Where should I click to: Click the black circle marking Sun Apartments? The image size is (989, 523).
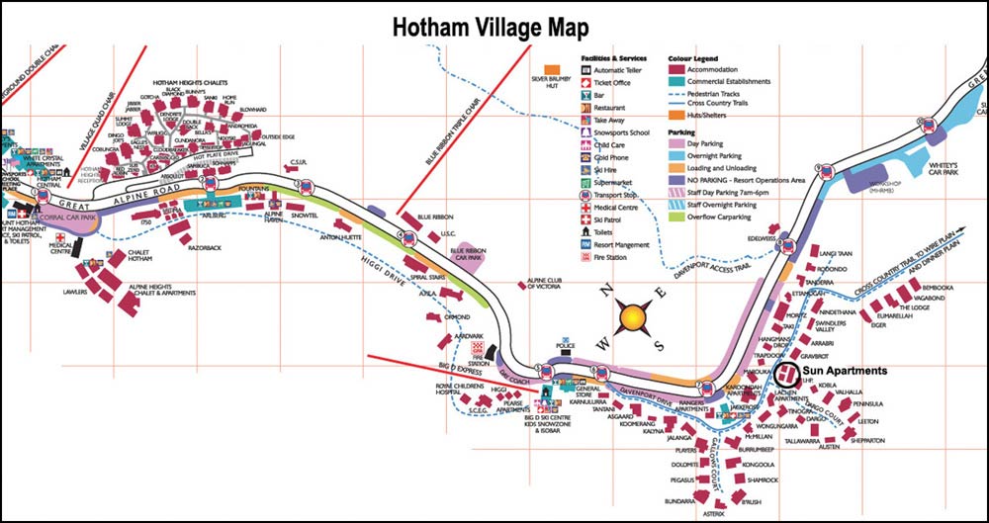tap(785, 376)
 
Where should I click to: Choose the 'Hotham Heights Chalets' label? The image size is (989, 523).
tap(196, 83)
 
